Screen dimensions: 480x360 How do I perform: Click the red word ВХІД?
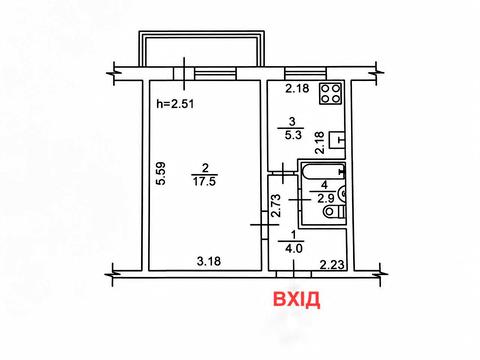pyautogui.click(x=297, y=299)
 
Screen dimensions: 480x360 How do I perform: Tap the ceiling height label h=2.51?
pyautogui.click(x=175, y=104)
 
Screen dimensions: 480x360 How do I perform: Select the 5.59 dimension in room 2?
pyautogui.click(x=161, y=173)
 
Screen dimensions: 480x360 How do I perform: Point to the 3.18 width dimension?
pyautogui.click(x=209, y=261)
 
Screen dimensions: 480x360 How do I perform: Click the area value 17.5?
pyautogui.click(x=204, y=182)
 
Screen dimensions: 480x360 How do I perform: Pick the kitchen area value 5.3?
pyautogui.click(x=292, y=135)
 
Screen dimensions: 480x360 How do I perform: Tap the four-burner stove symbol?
pyautogui.click(x=330, y=93)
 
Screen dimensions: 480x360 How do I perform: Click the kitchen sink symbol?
pyautogui.click(x=337, y=140)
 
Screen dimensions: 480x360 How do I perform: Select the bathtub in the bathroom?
pyautogui.click(x=324, y=172)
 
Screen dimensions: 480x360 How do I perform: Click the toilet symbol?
pyautogui.click(x=335, y=211)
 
